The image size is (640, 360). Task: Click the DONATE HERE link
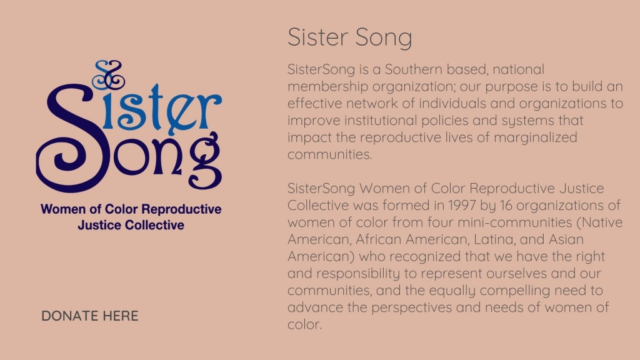[90, 316]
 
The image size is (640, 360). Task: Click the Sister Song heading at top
[350, 37]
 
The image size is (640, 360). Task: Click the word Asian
[566, 239]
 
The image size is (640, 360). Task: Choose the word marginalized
[536, 137]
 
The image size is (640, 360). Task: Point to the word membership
[328, 86]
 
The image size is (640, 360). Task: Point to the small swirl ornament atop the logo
[108, 75]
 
